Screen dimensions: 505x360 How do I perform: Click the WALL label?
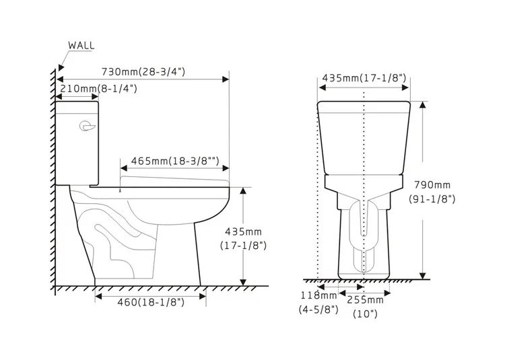[x=81, y=45]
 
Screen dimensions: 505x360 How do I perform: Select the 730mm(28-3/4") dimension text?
[x=143, y=71]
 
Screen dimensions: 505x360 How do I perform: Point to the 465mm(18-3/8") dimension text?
[x=175, y=161]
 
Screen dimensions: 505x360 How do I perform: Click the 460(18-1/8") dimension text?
[x=151, y=302]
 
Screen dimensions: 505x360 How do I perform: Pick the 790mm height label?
[x=432, y=185]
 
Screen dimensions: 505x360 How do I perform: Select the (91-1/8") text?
[x=432, y=199]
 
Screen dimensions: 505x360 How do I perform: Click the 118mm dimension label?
[x=319, y=295]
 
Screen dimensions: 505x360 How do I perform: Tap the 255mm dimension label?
[x=365, y=300]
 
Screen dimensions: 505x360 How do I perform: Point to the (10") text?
[x=365, y=314]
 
